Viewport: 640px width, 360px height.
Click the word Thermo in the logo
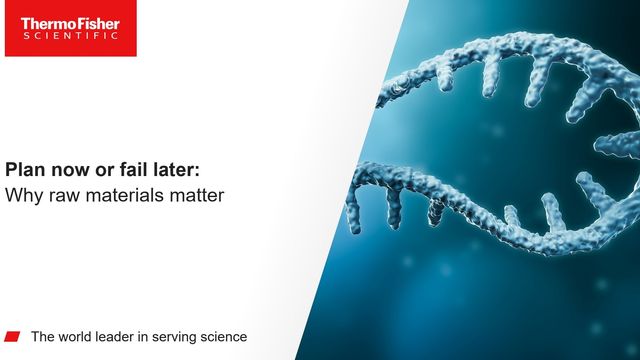[45, 20]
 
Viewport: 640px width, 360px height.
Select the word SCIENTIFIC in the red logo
[69, 35]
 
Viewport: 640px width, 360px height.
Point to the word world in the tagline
[79, 336]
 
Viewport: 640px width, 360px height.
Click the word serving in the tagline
[183, 336]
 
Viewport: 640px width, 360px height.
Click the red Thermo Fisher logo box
[69, 28]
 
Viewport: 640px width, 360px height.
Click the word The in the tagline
[44, 336]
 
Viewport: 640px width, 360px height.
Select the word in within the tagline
[153, 336]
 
